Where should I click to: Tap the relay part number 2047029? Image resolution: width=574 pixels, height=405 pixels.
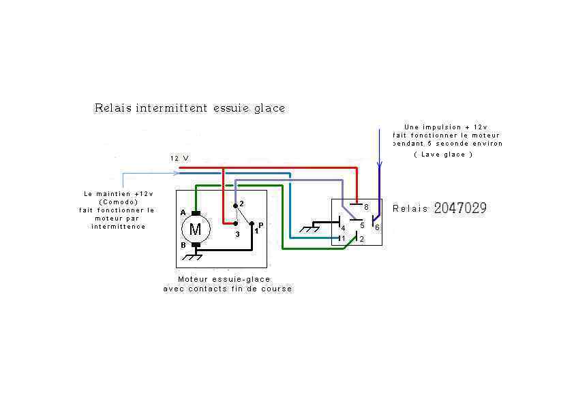pos(460,208)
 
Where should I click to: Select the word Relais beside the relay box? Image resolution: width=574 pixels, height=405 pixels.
pos(410,209)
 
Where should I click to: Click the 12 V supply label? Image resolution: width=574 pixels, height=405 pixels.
pos(179,158)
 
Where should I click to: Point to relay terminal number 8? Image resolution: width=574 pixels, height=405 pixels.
pos(365,206)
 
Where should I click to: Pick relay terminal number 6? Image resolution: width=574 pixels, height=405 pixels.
pos(377,227)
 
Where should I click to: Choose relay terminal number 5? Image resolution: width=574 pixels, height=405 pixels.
pos(362,225)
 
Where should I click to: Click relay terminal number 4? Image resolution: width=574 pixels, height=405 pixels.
pos(343,227)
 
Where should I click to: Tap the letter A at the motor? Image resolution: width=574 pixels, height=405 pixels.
pos(183,213)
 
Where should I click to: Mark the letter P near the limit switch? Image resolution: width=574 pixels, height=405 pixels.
pos(261,225)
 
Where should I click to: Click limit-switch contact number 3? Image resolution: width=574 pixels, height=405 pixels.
pos(237,233)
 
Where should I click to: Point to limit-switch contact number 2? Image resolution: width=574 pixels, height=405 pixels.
pos(241,204)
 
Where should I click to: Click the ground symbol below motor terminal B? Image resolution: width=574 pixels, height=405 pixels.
pos(195,257)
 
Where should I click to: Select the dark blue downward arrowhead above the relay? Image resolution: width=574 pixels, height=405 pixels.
pos(380,165)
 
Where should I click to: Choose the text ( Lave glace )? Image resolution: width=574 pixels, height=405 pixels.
pos(443,155)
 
